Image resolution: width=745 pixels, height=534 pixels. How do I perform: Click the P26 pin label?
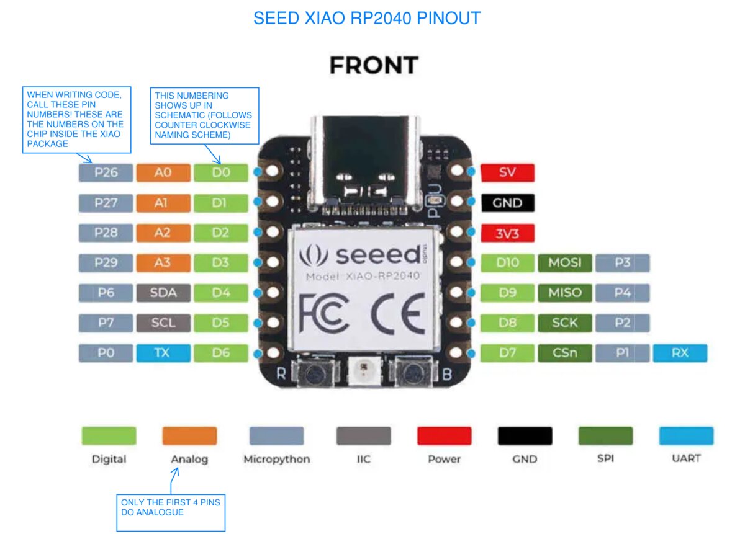pyautogui.click(x=106, y=172)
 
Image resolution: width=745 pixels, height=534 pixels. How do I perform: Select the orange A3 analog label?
pyautogui.click(x=163, y=262)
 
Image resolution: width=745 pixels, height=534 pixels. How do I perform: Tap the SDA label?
pyautogui.click(x=163, y=293)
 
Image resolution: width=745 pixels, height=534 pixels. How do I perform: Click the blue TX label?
pyautogui.click(x=163, y=353)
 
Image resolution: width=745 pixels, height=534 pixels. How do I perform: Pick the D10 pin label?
pyautogui.click(x=507, y=262)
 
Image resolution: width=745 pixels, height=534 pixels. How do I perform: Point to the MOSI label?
pyautogui.click(x=564, y=262)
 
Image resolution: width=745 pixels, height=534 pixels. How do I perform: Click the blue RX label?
pyautogui.click(x=680, y=353)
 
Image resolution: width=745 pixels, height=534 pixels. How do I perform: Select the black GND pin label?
pyautogui.click(x=507, y=203)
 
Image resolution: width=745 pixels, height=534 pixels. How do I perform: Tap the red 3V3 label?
pyautogui.click(x=507, y=233)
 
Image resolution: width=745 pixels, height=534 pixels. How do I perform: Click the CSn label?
pyautogui.click(x=564, y=353)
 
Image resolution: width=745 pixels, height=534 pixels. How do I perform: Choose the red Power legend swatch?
pyautogui.click(x=444, y=435)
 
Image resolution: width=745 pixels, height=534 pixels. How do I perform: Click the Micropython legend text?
pyautogui.click(x=276, y=460)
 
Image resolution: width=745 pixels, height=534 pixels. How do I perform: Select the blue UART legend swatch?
pyautogui.click(x=686, y=435)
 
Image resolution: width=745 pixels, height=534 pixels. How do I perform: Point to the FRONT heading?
pyautogui.click(x=373, y=65)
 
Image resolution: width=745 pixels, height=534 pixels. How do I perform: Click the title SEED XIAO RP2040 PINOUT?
pyautogui.click(x=367, y=18)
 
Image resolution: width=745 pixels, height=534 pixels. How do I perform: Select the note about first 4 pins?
pyautogui.click(x=171, y=507)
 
